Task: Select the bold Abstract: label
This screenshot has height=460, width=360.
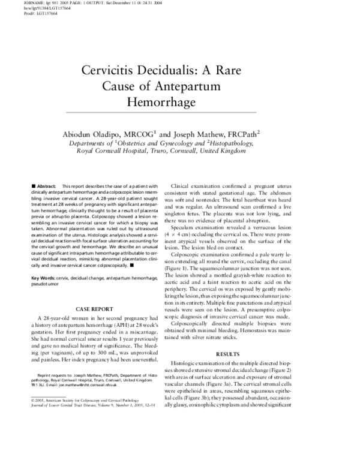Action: click(46, 187)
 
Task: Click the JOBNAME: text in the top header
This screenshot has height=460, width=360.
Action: click(12, 3)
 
